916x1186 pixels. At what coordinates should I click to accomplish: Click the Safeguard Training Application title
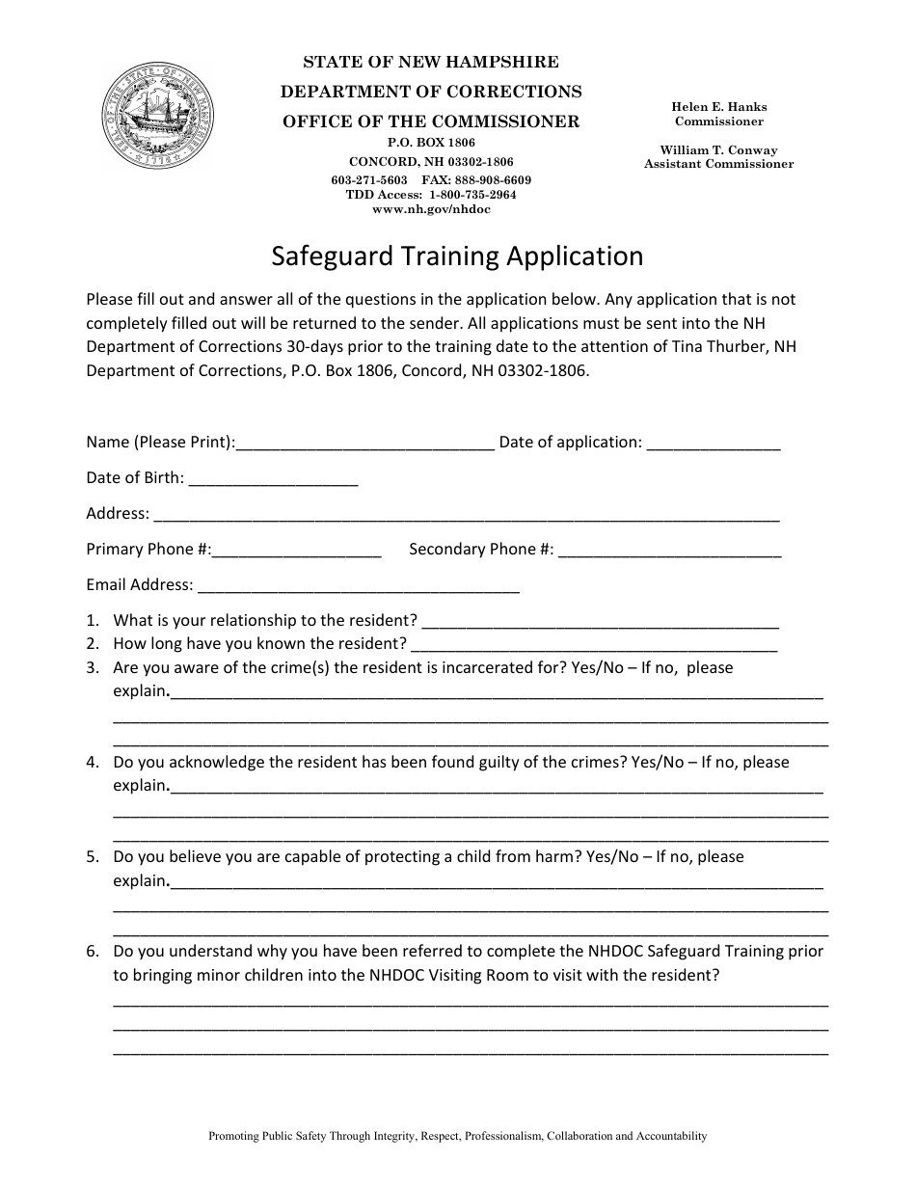[457, 256]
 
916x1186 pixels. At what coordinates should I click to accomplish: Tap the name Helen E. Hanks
[719, 107]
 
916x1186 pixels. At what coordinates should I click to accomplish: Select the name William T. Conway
[718, 150]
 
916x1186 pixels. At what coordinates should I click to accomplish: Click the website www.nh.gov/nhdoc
[431, 209]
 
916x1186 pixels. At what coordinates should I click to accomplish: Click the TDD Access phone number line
[431, 195]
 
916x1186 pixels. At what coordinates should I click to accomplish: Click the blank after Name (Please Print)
[365, 444]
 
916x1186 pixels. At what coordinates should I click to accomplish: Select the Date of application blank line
[713, 444]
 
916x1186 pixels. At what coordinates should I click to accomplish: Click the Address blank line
[466, 515]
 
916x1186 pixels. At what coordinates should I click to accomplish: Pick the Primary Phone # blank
[296, 551]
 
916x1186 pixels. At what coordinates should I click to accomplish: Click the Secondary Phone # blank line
[669, 551]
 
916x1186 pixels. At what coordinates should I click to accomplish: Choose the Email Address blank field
[358, 586]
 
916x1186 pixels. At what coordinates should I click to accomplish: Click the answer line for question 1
[600, 622]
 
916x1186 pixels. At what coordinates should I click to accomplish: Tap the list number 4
[93, 762]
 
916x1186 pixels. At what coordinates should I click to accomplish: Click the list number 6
[93, 951]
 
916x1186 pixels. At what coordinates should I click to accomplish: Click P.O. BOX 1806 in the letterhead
[431, 143]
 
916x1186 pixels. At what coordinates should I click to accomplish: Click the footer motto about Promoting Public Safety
[457, 1136]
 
